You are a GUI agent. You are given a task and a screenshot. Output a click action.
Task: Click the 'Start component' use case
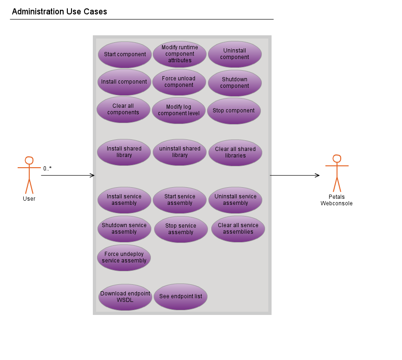coord(124,54)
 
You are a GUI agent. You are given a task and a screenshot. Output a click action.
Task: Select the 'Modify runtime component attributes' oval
coord(180,54)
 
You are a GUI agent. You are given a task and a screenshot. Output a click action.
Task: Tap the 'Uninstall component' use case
coord(234,54)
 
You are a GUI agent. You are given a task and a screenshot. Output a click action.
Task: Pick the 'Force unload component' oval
coord(179,82)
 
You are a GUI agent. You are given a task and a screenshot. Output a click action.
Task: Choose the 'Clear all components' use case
coord(123,109)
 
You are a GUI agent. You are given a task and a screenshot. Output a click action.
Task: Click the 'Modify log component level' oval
coord(179,110)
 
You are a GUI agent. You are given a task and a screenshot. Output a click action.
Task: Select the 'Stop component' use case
coord(233,111)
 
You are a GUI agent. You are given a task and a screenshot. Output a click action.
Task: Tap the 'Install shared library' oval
coord(124,152)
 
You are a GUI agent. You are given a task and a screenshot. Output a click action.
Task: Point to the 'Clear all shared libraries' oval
coord(235,152)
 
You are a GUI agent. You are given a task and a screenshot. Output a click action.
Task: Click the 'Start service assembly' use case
coord(180,200)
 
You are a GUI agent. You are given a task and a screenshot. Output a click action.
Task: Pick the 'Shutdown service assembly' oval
coord(124,229)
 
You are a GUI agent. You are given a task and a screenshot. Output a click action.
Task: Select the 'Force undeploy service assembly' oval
coord(124,257)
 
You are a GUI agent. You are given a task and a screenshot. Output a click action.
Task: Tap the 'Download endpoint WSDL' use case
coord(125,297)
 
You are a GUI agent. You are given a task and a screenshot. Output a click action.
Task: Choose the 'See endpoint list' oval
coord(181,296)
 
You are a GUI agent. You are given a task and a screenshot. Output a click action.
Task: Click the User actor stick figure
coord(29,175)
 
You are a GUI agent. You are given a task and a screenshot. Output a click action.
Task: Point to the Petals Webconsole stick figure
coord(337,173)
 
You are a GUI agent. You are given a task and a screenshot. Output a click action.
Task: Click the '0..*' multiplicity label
coord(47,169)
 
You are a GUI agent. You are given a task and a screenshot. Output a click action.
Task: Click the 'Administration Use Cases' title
coord(59,12)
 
